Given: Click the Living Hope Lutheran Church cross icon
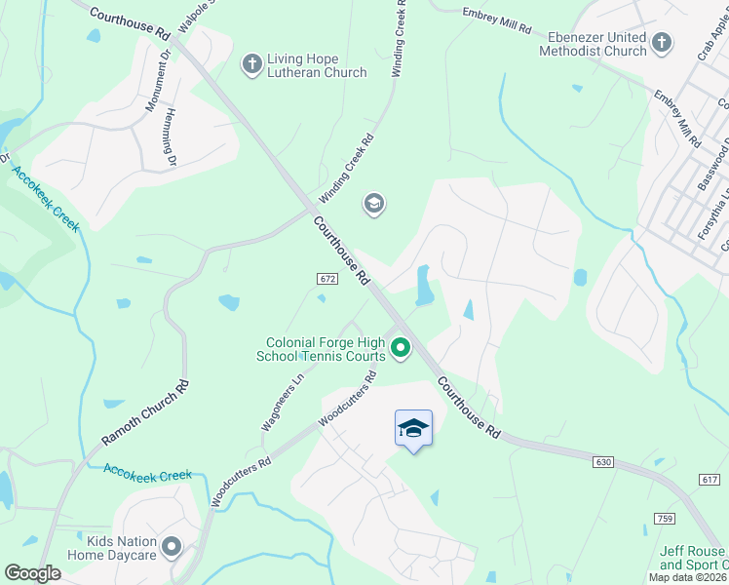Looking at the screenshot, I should coord(252,63).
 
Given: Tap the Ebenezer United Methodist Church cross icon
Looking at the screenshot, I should coord(662,42).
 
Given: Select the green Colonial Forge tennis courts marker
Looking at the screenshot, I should coord(400,347).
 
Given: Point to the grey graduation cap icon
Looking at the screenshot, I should coord(373,204).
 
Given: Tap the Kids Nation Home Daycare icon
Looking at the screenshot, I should coord(173,547).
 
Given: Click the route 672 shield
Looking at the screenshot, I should coord(326,279).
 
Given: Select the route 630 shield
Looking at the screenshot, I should coord(604,460).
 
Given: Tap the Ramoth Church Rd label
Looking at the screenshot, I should coord(145,413).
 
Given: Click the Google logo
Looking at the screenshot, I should coord(31,573).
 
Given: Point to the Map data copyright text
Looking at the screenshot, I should coord(687,577).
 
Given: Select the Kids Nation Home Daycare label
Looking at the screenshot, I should coord(112,548).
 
